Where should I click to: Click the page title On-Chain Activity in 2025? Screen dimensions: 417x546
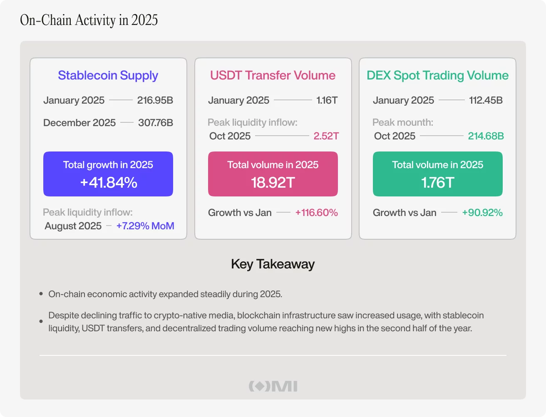(x=89, y=20)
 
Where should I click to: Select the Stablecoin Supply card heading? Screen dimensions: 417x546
(x=108, y=75)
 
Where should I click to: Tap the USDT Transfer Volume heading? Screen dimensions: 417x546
(x=273, y=75)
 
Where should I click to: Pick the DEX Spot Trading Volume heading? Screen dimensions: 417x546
(x=437, y=75)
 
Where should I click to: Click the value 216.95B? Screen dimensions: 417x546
(x=155, y=100)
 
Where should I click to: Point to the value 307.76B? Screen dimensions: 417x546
(x=155, y=123)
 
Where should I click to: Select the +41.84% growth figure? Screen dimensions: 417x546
(x=108, y=182)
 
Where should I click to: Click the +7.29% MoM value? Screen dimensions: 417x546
(x=145, y=226)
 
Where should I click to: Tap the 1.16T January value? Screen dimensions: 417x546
(x=327, y=100)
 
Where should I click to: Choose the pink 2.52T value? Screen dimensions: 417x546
(x=326, y=136)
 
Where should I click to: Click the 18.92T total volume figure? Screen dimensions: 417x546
(x=273, y=182)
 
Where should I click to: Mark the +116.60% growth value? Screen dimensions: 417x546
(x=316, y=213)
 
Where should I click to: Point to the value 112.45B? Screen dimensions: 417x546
(x=486, y=100)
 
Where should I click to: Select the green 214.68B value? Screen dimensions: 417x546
(x=486, y=136)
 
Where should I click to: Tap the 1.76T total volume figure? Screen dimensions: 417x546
(x=437, y=182)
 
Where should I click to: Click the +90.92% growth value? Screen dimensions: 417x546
(x=482, y=213)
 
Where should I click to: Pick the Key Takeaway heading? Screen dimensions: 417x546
(x=273, y=264)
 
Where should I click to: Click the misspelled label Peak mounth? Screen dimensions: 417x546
(x=402, y=122)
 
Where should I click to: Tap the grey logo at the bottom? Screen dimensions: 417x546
(x=273, y=386)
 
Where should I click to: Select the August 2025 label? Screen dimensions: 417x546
(x=73, y=226)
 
